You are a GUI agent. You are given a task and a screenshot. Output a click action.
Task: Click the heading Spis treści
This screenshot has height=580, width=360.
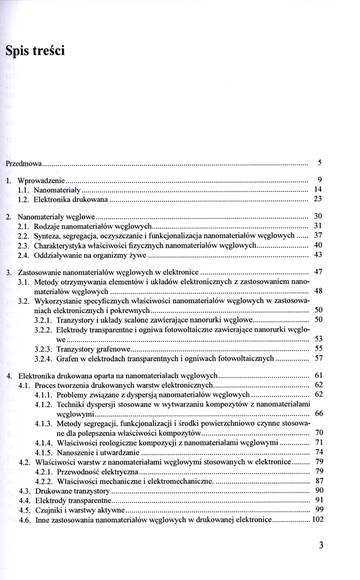point(35,51)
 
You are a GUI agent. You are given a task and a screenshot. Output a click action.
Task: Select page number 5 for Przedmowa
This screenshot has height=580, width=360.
point(319,162)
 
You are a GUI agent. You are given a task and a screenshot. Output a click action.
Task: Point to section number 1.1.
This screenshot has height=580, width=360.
point(24,190)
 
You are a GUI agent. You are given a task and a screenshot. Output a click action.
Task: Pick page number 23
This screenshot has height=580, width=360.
point(318,199)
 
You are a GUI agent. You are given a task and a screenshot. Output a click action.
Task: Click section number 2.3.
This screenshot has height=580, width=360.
point(24,245)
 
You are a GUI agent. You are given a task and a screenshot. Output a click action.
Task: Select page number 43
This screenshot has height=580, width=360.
point(318,255)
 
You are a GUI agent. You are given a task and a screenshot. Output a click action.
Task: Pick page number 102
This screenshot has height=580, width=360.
point(317,520)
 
